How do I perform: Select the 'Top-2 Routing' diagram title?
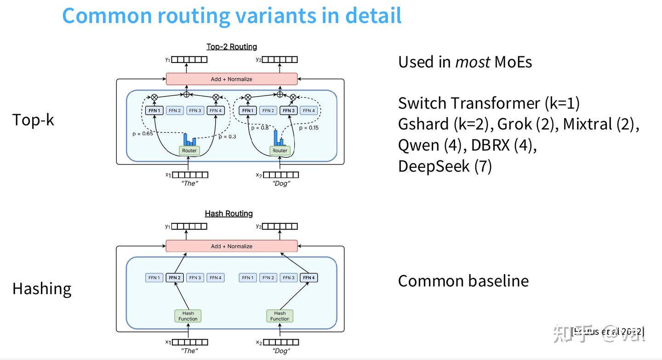[x=232, y=46]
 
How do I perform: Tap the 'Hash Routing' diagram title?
[x=228, y=213]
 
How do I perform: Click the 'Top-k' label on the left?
[x=33, y=120]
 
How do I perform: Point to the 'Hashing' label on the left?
[x=42, y=289]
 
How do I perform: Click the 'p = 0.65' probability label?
[x=142, y=133]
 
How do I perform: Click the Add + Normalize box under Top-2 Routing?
[x=232, y=79]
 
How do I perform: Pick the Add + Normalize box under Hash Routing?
[x=232, y=246]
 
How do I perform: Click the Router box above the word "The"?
[x=189, y=150]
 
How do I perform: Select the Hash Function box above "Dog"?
[x=280, y=316]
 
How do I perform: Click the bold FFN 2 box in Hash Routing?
[x=174, y=278]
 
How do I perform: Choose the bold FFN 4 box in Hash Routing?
[x=308, y=278]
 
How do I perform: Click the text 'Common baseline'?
[x=463, y=281]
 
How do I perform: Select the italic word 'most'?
[x=473, y=62]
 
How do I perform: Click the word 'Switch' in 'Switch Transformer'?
[x=422, y=103]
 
